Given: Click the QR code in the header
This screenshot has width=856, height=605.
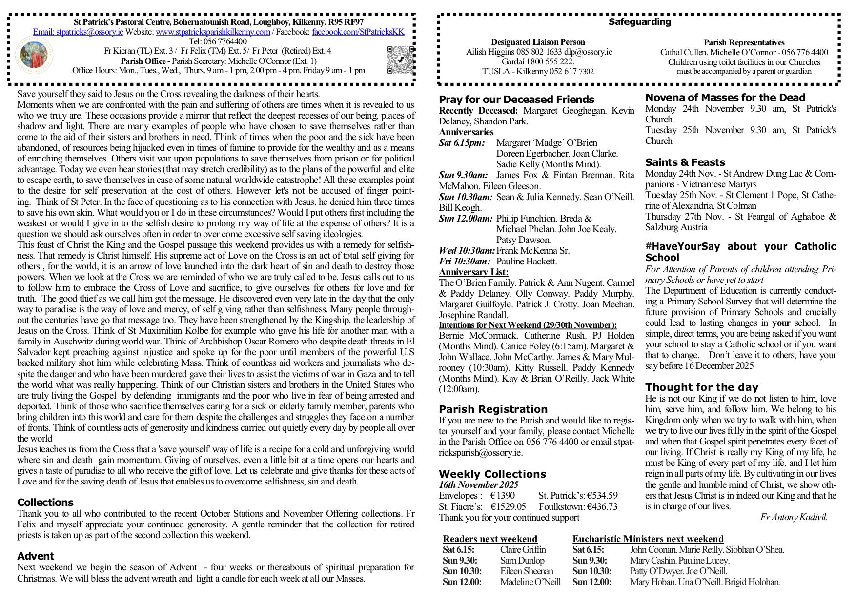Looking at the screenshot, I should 401,60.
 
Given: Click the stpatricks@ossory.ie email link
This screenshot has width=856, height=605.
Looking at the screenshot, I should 78,32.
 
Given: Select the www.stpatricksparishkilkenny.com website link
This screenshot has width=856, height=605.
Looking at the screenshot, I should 213,32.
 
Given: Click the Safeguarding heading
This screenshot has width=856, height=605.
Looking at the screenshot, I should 639,22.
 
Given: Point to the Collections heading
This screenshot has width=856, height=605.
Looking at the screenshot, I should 45,503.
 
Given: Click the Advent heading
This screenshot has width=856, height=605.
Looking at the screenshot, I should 36,556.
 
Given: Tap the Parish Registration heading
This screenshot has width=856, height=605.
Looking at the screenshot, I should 493,409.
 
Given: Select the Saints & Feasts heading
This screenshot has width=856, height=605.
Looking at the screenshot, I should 685,162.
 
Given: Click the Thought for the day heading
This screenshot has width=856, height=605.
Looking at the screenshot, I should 701,387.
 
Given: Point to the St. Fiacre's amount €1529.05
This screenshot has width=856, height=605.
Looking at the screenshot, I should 509,506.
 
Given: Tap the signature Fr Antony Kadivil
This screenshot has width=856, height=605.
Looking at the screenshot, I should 794,517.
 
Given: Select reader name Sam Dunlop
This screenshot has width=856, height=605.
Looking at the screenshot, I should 522,561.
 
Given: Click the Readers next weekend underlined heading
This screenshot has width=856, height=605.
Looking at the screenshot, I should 490,539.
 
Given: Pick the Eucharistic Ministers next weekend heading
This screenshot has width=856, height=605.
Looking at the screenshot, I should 648,539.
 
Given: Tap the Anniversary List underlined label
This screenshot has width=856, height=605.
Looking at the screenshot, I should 473,272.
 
